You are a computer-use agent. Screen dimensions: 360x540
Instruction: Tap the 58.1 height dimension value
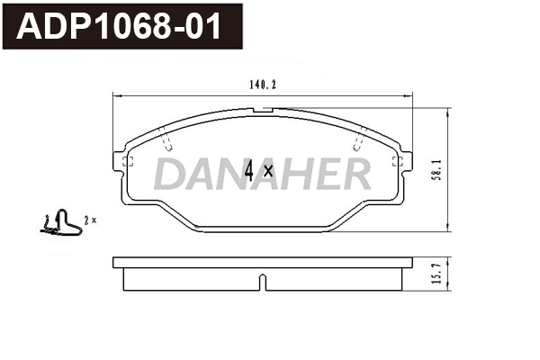(x=435, y=169)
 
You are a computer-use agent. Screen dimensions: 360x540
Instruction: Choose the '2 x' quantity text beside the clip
(x=89, y=220)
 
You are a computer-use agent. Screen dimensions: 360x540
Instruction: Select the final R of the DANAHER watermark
(x=354, y=175)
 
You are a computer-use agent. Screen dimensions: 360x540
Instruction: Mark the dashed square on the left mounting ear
(x=127, y=162)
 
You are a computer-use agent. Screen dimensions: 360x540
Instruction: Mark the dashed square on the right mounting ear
(x=395, y=162)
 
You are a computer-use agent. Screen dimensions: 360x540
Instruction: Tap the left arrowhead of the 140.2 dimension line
(x=115, y=94)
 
